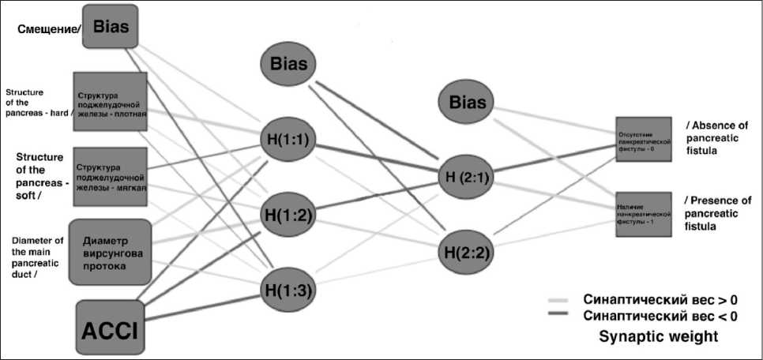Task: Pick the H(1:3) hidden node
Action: [288, 290]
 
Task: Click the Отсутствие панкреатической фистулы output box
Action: [644, 139]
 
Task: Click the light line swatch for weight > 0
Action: [561, 300]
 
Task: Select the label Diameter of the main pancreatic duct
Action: [36, 257]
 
